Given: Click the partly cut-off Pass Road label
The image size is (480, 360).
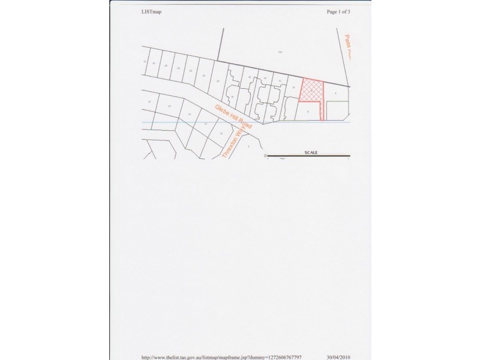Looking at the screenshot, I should pyautogui.click(x=347, y=46).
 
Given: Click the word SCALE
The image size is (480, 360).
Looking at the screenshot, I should pyautogui.click(x=310, y=152).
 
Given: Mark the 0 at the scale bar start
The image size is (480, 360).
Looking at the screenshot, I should pyautogui.click(x=265, y=156).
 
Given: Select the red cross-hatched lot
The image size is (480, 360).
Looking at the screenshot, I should pyautogui.click(x=310, y=90).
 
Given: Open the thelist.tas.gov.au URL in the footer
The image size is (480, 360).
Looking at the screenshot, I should pyautogui.click(x=221, y=356).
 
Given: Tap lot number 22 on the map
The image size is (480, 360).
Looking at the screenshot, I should pyautogui.click(x=204, y=76).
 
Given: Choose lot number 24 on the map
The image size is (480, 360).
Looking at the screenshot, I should pyautogui.click(x=190, y=71).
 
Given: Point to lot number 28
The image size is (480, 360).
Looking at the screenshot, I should pyautogui.click(x=166, y=65).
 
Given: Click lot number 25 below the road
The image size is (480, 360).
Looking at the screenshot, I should pyautogui.click(x=169, y=106).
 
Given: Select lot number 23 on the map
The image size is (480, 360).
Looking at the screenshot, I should pyautogui.click(x=190, y=113).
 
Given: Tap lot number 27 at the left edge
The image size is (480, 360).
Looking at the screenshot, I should pyautogui.click(x=149, y=102).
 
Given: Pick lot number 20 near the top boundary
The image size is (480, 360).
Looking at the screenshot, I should pyautogui.click(x=217, y=79).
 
